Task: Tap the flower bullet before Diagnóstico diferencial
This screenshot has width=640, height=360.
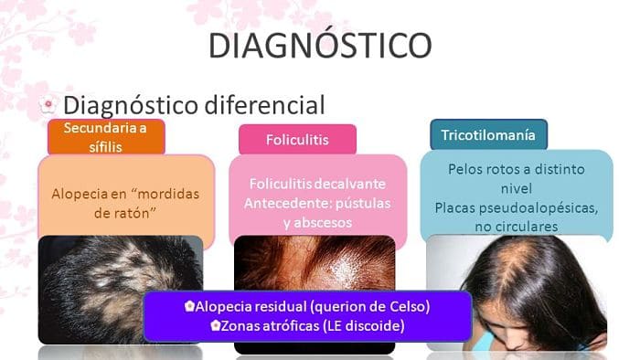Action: (x=49, y=105)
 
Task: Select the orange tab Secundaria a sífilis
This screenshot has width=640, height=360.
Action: (x=106, y=136)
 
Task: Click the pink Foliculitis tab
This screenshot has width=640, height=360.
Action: (x=297, y=140)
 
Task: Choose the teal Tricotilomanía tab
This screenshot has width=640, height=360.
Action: (x=488, y=134)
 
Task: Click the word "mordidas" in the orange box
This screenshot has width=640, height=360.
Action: (x=175, y=193)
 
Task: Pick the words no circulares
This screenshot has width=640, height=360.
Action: (x=514, y=226)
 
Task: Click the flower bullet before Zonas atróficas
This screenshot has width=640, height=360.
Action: (x=216, y=325)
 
